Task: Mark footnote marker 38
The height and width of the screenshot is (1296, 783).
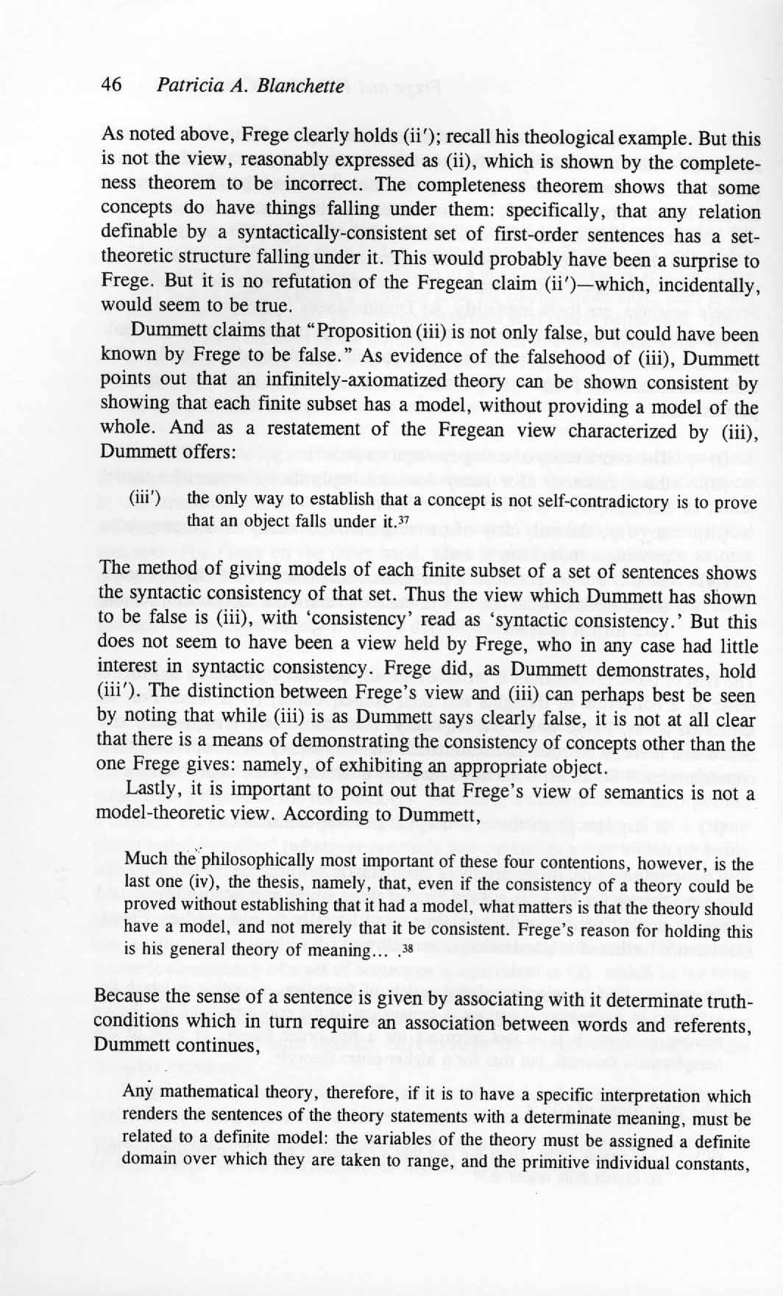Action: click(404, 948)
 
